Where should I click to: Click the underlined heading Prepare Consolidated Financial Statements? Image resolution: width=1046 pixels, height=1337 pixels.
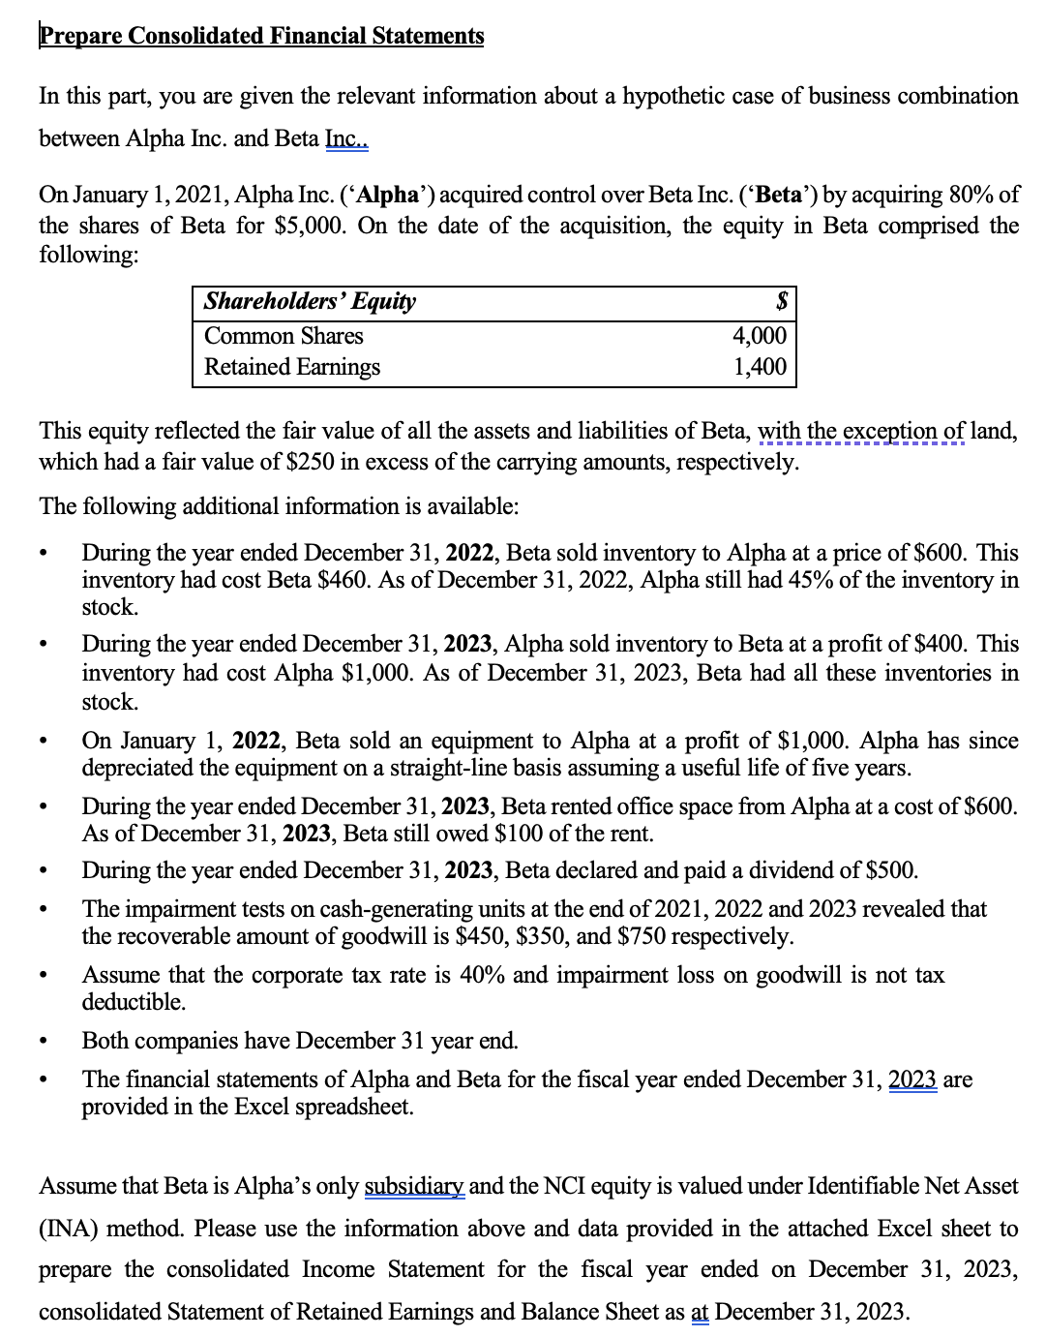click(x=261, y=36)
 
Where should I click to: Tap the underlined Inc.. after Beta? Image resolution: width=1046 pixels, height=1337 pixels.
click(x=346, y=138)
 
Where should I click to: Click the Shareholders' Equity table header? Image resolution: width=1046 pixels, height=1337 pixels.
click(x=310, y=301)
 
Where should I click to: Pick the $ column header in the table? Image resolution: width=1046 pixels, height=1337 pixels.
click(x=782, y=301)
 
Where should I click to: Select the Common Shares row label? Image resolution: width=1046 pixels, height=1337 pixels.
click(x=284, y=336)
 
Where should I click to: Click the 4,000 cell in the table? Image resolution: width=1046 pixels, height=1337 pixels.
click(x=760, y=336)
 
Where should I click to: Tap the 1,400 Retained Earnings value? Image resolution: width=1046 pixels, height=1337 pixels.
click(x=760, y=367)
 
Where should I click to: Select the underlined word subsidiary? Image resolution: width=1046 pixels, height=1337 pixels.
click(x=414, y=1186)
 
